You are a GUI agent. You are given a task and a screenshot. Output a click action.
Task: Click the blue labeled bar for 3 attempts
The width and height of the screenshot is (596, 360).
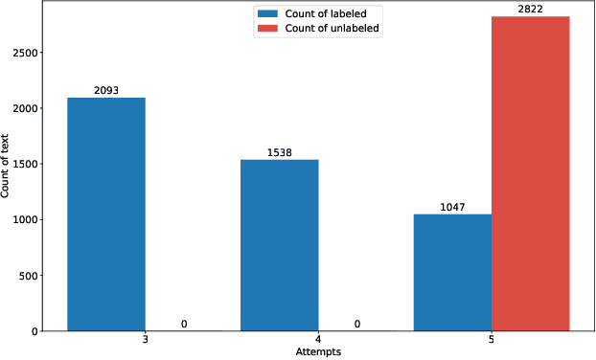pos(106,214)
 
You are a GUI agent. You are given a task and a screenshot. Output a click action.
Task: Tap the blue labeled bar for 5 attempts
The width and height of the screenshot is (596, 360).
pos(452,273)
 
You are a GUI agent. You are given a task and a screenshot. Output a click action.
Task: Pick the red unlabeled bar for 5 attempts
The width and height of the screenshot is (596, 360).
pos(530,174)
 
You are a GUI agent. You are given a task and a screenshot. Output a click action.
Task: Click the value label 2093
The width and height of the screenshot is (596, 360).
pos(106,91)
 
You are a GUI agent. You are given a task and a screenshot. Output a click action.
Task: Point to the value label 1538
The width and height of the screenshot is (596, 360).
pos(279,152)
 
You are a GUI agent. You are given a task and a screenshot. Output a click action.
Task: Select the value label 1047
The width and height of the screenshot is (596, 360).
pos(452,207)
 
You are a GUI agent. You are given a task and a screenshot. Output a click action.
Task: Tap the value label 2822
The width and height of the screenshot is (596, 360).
pos(530,10)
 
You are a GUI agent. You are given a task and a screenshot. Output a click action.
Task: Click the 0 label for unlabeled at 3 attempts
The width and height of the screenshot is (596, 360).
pos(184,324)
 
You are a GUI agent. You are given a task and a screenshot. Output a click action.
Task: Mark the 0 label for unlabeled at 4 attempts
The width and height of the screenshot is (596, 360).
pos(357,324)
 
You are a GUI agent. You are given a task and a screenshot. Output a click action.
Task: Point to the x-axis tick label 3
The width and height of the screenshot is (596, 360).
pos(145,341)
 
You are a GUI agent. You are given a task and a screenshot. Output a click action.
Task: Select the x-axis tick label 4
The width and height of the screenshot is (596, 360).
pos(318,341)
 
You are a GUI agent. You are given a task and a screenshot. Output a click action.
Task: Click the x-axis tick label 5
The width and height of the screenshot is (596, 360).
pos(492,341)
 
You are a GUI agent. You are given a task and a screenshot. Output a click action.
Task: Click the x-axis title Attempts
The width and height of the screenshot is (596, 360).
pos(317,352)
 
